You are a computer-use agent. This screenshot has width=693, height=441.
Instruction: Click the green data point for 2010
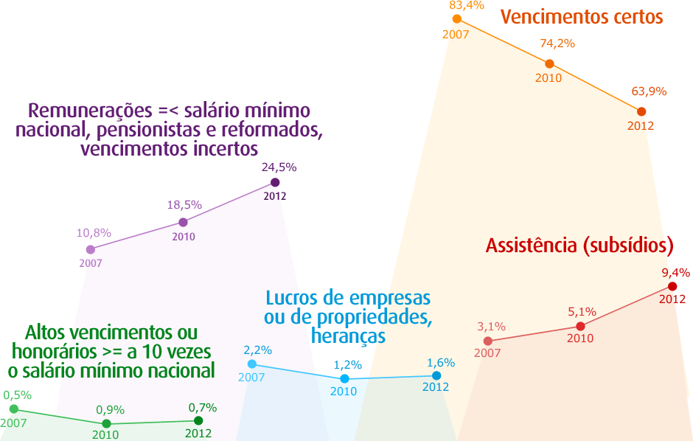pyautogui.click(x=106, y=423)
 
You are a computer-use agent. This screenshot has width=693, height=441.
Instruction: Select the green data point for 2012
pyautogui.click(x=198, y=420)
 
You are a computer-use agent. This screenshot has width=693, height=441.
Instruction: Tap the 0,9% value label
pyautogui.click(x=111, y=410)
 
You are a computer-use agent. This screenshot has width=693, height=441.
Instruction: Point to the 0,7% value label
pyautogui.click(x=203, y=407)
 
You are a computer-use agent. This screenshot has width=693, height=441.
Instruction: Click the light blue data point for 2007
pyautogui.click(x=252, y=364)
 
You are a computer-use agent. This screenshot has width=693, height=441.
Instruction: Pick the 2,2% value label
pyautogui.click(x=258, y=350)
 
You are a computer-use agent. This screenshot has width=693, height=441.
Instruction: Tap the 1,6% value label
pyautogui.click(x=441, y=363)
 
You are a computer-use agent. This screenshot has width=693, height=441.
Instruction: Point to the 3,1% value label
pyautogui.click(x=491, y=327)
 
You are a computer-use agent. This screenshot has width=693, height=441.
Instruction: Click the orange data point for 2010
pyautogui.click(x=549, y=63)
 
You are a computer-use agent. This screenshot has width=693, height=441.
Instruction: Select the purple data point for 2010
pyautogui.click(x=183, y=221)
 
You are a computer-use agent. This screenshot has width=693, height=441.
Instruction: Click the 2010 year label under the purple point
pyautogui.click(x=184, y=237)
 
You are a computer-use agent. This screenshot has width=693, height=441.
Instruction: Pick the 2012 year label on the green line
pyautogui.click(x=198, y=434)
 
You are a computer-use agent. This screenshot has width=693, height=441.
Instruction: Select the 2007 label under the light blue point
pyautogui.click(x=251, y=378)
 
